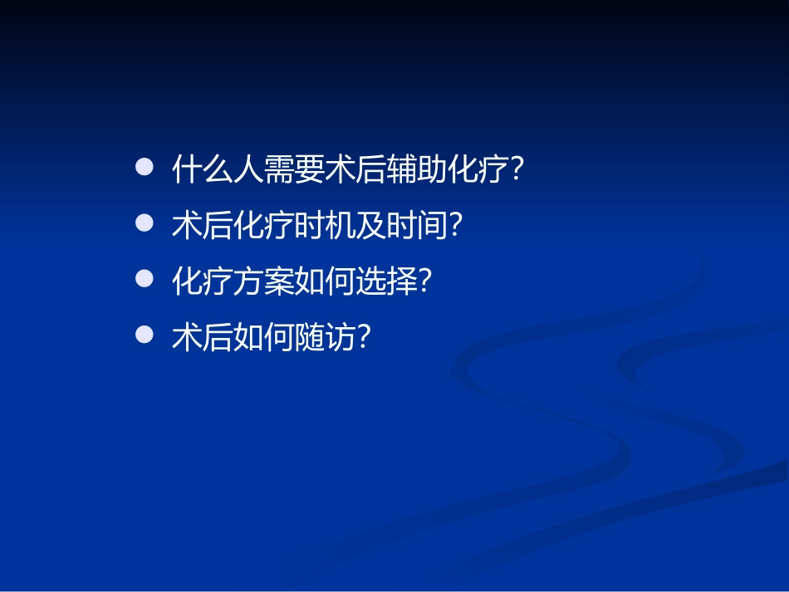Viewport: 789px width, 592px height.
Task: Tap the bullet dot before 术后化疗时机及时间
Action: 145,223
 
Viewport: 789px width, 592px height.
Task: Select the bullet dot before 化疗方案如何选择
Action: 145,279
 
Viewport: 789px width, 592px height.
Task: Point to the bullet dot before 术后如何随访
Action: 145,335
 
